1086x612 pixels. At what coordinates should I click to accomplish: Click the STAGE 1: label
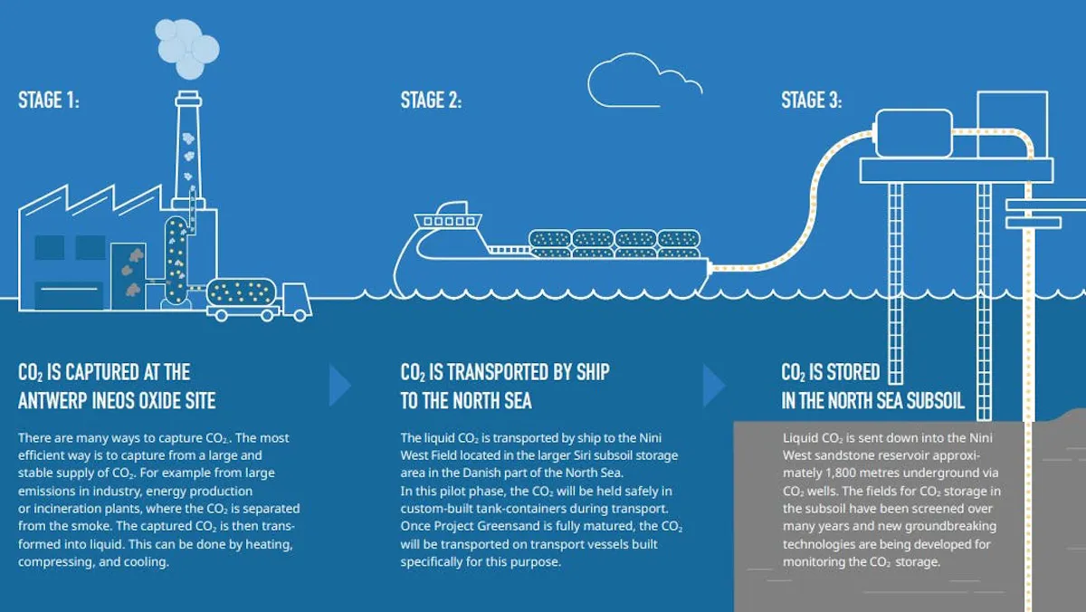pyautogui.click(x=49, y=100)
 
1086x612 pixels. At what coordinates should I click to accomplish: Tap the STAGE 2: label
pyautogui.click(x=431, y=100)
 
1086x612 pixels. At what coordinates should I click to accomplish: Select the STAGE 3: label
pyautogui.click(x=812, y=100)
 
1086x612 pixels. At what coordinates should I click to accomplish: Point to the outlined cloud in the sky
pyautogui.click(x=644, y=80)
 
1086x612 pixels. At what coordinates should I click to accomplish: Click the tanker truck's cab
pyautogui.click(x=296, y=301)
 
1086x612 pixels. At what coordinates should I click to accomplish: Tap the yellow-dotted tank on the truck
pyautogui.click(x=242, y=292)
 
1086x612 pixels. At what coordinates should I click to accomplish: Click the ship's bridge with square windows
pyautogui.click(x=449, y=221)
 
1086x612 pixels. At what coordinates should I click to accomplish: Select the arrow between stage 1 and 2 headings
pyautogui.click(x=340, y=386)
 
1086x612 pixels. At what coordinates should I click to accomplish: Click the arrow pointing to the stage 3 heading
pyautogui.click(x=714, y=386)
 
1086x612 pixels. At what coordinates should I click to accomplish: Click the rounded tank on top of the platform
pyautogui.click(x=914, y=133)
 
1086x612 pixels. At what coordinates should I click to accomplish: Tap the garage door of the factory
pyautogui.click(x=69, y=295)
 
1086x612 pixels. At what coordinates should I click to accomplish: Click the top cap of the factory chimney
pyautogui.click(x=188, y=99)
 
